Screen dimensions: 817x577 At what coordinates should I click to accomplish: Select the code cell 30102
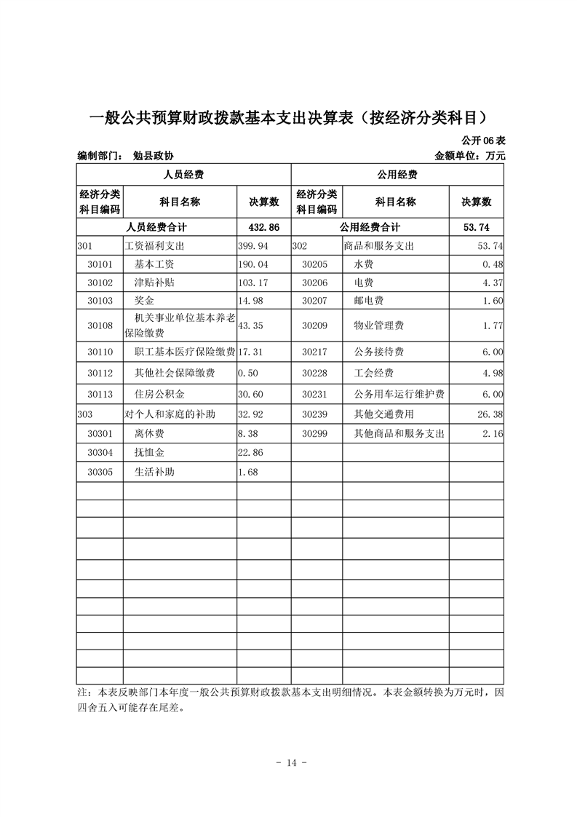100,283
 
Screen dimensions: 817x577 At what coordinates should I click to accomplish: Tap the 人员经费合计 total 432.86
264,228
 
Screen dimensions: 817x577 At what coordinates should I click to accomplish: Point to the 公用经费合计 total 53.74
477,228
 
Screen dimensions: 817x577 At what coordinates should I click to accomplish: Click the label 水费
363,264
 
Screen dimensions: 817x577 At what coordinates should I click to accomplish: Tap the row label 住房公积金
159,395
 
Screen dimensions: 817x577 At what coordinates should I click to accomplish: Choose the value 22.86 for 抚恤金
251,453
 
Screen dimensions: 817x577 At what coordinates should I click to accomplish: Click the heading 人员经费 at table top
183,175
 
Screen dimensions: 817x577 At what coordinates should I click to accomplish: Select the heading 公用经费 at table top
397,175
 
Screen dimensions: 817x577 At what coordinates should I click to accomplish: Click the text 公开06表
482,140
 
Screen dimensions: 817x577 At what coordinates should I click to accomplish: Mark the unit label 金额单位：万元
469,156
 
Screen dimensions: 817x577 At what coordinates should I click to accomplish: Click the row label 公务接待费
378,352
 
